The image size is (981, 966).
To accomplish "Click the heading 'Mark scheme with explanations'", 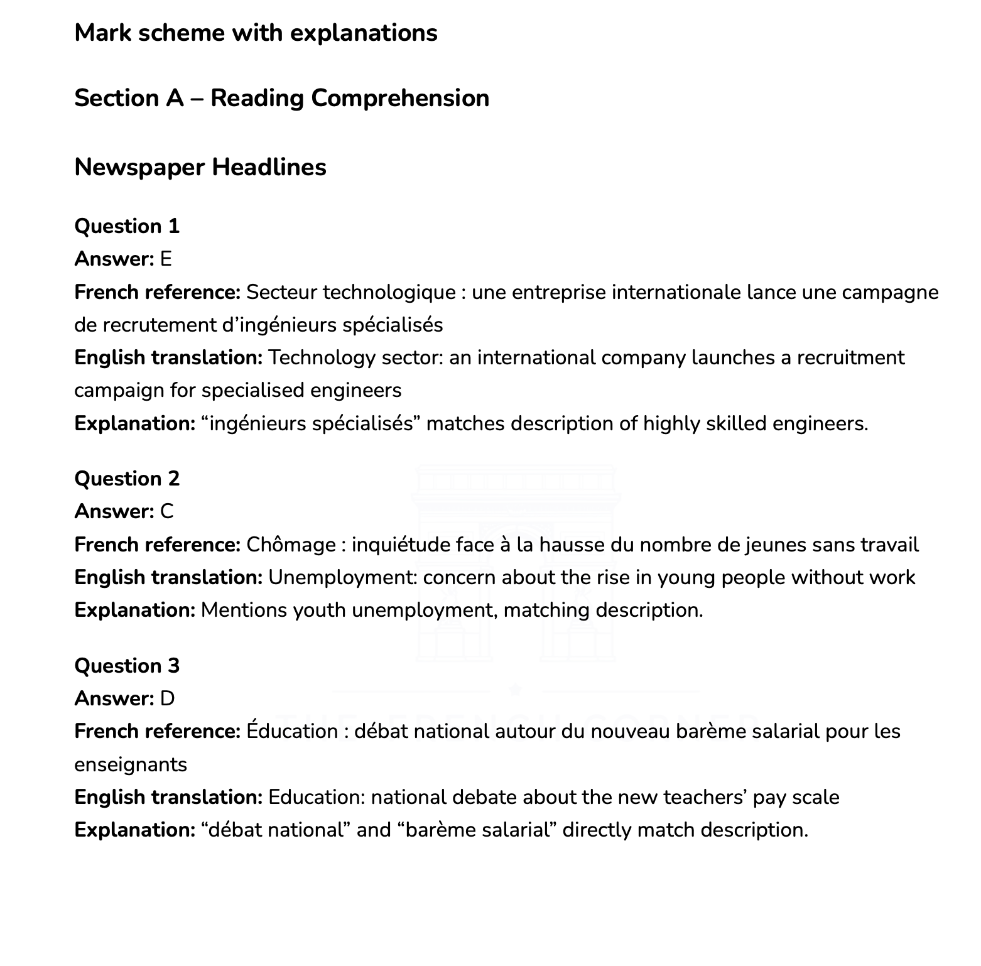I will (x=256, y=33).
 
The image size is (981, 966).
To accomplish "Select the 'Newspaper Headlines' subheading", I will (x=200, y=167).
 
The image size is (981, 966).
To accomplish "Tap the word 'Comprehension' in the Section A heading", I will (x=400, y=98).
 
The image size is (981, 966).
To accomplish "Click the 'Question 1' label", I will (x=127, y=226).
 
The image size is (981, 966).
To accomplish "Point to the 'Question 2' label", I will (x=127, y=479).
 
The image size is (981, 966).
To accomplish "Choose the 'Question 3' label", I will (x=127, y=666).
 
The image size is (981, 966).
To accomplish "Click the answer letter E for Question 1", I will (x=166, y=259).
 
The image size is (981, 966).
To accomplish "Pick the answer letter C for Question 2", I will (x=166, y=511).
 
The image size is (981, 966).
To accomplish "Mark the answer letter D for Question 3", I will (x=167, y=698).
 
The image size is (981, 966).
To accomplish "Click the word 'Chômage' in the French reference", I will (x=291, y=545).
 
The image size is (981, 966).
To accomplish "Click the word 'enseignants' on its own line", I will (x=131, y=764).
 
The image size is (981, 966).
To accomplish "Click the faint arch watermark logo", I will (x=515, y=565).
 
